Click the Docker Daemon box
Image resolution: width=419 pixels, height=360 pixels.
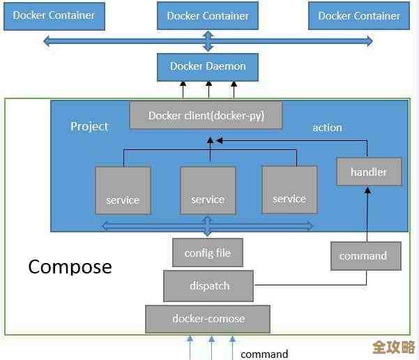pyautogui.click(x=207, y=67)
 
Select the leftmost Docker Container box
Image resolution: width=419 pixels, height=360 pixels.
pyautogui.click(x=54, y=15)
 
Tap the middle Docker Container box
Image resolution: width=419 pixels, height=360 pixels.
pyautogui.click(x=208, y=16)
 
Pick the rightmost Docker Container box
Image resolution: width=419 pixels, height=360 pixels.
pyautogui.click(x=359, y=16)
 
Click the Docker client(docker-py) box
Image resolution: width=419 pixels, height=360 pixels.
pyautogui.click(x=206, y=116)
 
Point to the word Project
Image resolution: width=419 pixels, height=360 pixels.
pyautogui.click(x=89, y=126)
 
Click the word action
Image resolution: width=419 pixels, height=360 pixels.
pyautogui.click(x=327, y=128)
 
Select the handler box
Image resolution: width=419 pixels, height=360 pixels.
pyautogui.click(x=369, y=172)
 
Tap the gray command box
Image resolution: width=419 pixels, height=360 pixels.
pyautogui.click(x=365, y=256)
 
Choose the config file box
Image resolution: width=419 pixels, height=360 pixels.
pyautogui.click(x=208, y=253)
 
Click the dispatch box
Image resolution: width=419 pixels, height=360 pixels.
pyautogui.click(x=209, y=285)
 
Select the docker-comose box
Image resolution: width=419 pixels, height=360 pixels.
pyautogui.click(x=208, y=319)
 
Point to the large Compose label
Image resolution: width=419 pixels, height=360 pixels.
pyautogui.click(x=70, y=267)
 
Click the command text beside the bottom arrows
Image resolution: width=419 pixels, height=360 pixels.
pyautogui.click(x=264, y=354)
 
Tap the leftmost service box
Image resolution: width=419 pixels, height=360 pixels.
pyautogui.click(x=123, y=190)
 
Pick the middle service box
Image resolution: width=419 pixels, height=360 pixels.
pyautogui.click(x=208, y=190)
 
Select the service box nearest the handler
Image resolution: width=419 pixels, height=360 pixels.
pyautogui.click(x=289, y=189)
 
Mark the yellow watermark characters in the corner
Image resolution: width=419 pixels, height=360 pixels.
pyautogui.click(x=393, y=347)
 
